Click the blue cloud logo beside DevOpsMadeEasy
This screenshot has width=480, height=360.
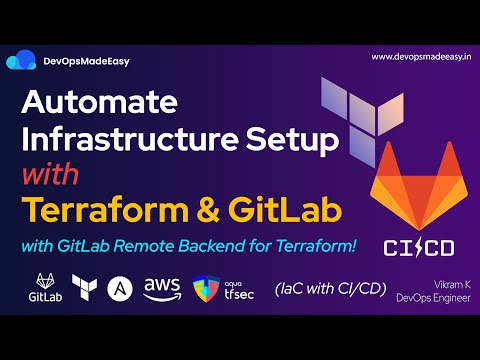pyautogui.click(x=21, y=62)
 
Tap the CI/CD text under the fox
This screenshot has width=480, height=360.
pyautogui.click(x=414, y=247)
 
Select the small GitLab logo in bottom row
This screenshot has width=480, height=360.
pyautogui.click(x=44, y=287)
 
